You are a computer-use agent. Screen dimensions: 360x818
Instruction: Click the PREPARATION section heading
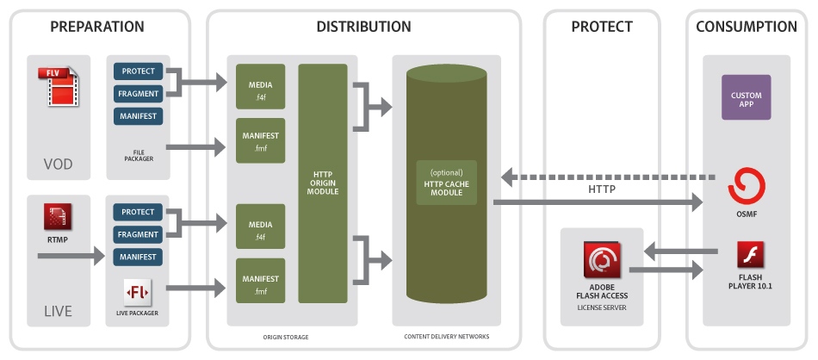point(97,27)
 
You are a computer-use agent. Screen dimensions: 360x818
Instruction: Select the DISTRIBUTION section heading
point(363,27)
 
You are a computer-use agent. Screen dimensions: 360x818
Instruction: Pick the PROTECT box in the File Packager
point(138,71)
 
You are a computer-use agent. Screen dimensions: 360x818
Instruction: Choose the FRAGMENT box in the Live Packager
point(138,234)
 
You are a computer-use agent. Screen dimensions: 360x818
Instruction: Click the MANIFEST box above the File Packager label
point(138,115)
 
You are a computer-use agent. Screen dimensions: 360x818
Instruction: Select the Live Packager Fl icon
point(138,293)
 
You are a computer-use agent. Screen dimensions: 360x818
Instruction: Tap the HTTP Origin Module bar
point(323,183)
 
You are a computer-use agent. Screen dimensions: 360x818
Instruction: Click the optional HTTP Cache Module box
point(446,183)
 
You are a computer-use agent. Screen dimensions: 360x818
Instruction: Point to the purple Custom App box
point(746,97)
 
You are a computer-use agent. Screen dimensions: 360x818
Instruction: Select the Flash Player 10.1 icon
point(750,256)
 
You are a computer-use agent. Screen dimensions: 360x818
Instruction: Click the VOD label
point(59,164)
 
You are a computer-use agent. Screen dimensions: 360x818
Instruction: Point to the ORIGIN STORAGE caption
point(287,337)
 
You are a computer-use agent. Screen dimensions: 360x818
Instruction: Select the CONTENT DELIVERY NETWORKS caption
point(445,337)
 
